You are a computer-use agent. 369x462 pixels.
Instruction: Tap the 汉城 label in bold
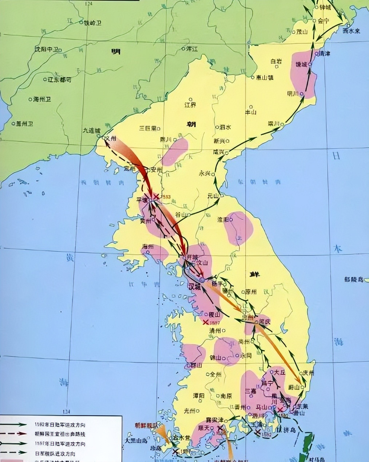(x=194, y=286)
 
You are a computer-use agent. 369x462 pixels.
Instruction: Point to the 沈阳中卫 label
(x=46, y=49)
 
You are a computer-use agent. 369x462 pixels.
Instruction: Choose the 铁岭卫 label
(x=92, y=23)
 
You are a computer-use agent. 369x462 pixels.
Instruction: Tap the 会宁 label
(x=323, y=21)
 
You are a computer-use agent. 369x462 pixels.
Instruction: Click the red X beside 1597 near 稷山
(x=206, y=322)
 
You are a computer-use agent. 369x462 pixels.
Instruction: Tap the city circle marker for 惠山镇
(x=253, y=77)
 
